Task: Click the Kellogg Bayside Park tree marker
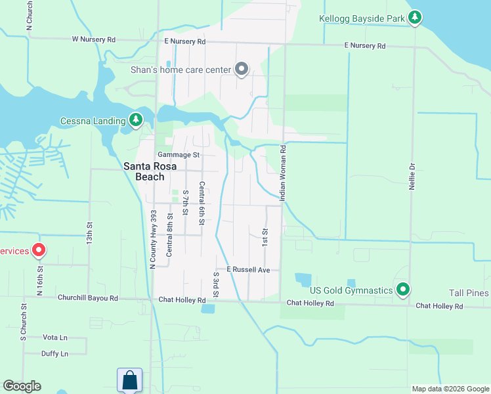(x=414, y=18)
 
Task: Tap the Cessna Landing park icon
(x=136, y=120)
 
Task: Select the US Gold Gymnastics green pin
(x=403, y=289)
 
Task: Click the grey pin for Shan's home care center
(x=242, y=69)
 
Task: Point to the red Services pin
(x=39, y=250)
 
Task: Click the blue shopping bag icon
(x=129, y=380)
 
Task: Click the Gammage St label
(x=177, y=155)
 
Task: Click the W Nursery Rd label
(x=94, y=39)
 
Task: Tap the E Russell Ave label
(x=248, y=270)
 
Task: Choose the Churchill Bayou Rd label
(x=87, y=298)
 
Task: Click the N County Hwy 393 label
(x=153, y=239)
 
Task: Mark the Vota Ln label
(x=55, y=338)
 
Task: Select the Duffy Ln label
(x=54, y=354)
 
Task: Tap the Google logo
(x=22, y=386)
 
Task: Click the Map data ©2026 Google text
(x=450, y=389)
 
